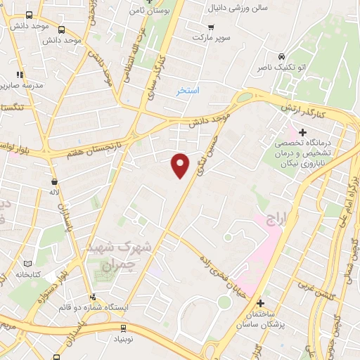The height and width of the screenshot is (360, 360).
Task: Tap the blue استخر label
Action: [x=188, y=91]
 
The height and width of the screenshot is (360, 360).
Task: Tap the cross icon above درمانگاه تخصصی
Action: [x=303, y=131]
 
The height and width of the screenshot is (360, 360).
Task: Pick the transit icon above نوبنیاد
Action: [x=124, y=328]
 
